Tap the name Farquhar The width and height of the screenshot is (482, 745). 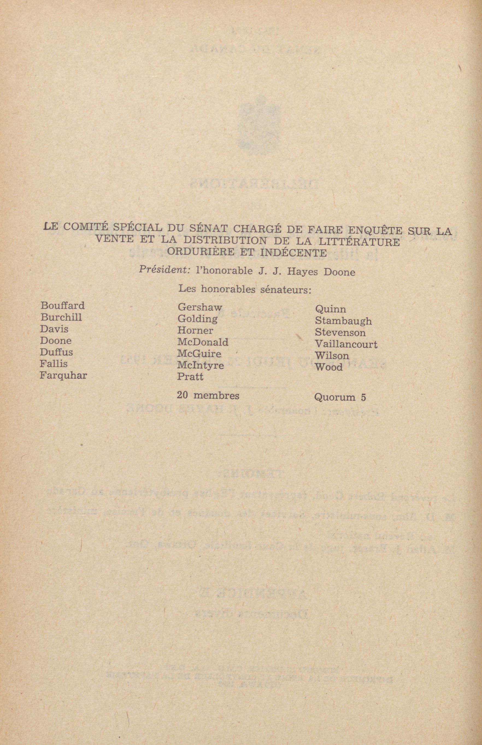(63, 375)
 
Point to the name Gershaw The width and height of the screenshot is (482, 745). (199, 307)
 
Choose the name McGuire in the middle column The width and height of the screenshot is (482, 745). (199, 354)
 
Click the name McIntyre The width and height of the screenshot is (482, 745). (201, 365)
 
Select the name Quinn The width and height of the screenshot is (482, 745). (331, 309)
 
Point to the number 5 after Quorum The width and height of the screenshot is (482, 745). (363, 398)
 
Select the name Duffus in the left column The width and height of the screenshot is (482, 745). (56, 352)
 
